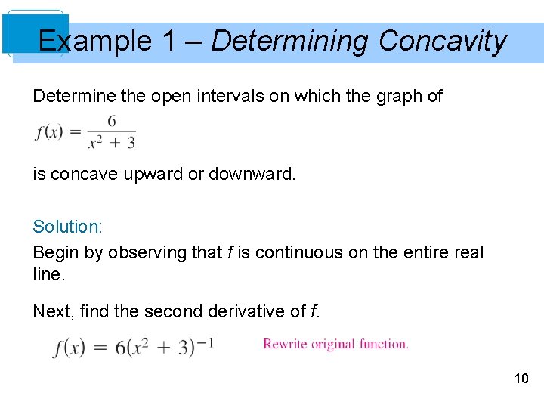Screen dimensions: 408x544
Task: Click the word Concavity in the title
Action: coord(442,41)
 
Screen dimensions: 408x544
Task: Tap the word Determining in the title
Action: coord(290,41)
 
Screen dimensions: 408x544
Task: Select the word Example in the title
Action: coord(95,41)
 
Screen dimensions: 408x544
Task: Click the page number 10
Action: coord(521,378)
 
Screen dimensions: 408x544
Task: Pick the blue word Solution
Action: coord(66,227)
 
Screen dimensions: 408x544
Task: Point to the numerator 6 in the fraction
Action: coord(111,122)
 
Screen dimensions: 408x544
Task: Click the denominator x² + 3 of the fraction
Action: coord(111,141)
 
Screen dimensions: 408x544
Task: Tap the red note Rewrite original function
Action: coord(335,344)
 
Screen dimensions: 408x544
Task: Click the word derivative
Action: coord(248,311)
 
